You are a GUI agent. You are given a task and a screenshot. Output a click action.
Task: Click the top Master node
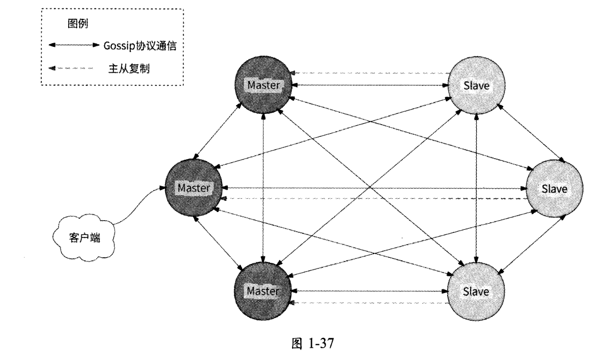[x=263, y=85]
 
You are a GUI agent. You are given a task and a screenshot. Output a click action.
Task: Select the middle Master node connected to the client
[x=193, y=188]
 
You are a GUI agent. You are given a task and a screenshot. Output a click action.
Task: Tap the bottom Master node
[x=263, y=291]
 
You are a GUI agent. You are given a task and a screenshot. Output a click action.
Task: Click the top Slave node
[x=476, y=85]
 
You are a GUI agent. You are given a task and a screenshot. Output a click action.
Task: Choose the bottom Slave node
[x=476, y=291]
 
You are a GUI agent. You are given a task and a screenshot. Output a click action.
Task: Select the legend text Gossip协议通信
[x=145, y=46]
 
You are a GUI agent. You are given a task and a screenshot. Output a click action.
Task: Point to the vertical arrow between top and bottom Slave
[x=476, y=188]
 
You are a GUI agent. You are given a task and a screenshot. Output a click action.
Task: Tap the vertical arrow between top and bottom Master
[x=263, y=188]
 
